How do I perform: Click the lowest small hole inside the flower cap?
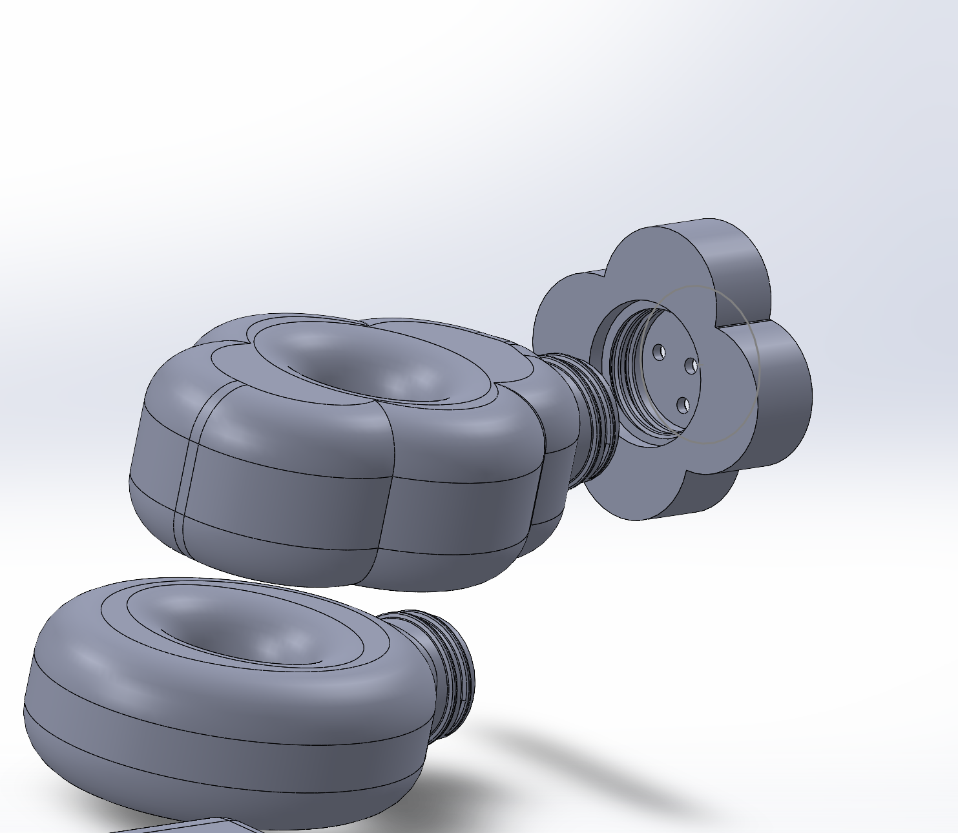(x=683, y=406)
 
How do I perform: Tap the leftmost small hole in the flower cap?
(x=659, y=351)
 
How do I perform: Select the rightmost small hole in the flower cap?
(x=691, y=366)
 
